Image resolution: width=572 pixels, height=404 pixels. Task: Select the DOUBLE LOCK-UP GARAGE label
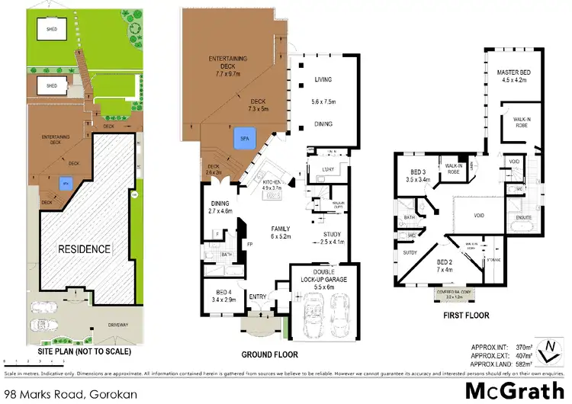pos(330,275)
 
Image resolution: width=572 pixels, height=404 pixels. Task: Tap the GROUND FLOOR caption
pos(269,354)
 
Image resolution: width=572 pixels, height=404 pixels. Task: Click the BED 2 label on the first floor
pos(444,265)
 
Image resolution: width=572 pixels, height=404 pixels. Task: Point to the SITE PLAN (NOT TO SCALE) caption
pos(79,352)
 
